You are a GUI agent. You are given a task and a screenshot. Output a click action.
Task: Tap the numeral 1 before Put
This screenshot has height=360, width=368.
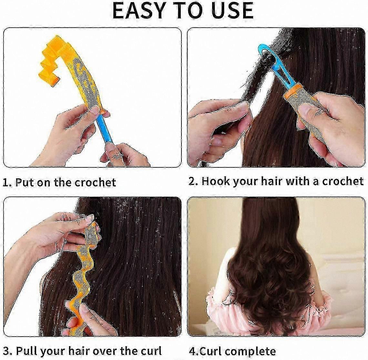[5, 182]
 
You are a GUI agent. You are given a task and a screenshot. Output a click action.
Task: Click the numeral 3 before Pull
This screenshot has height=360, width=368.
[6, 351]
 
